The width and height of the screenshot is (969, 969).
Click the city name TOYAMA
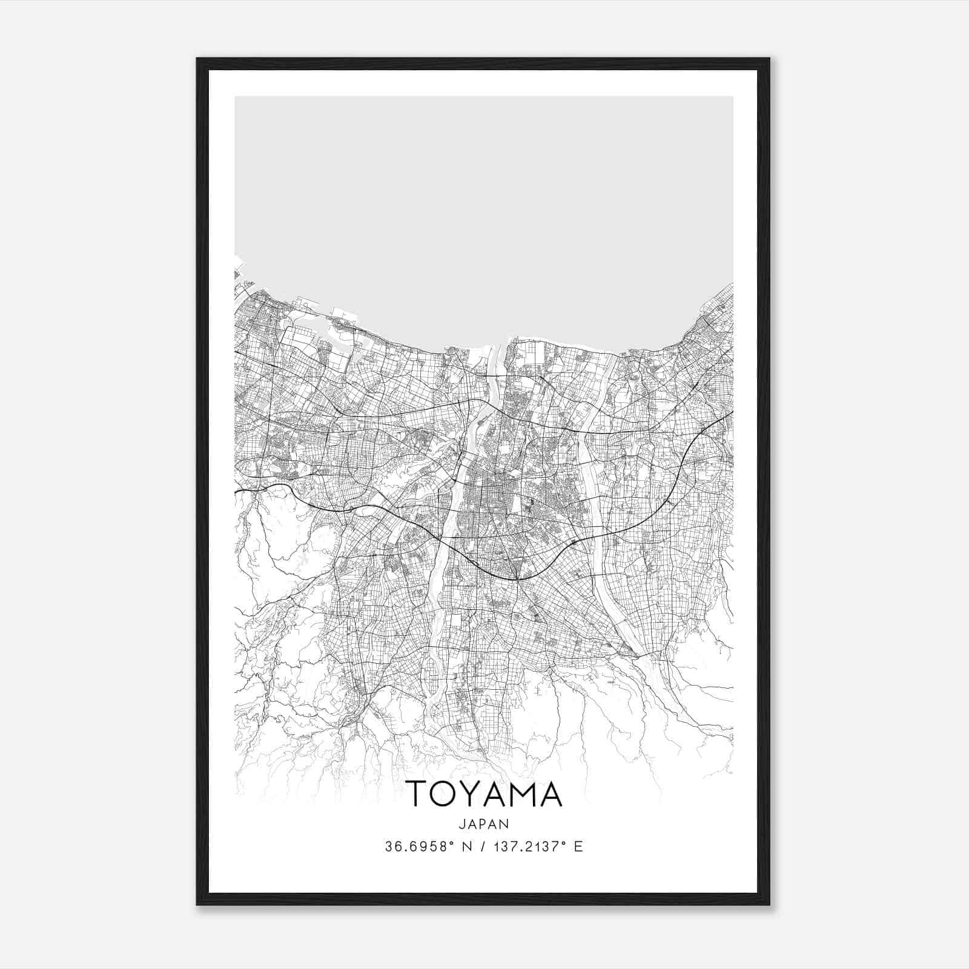pos(484,794)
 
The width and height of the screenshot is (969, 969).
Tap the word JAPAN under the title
pos(484,824)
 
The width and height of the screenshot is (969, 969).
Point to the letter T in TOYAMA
pos(417,794)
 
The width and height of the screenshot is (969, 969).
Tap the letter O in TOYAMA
pos(443,794)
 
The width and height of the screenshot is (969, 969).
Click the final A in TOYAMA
pos(551,794)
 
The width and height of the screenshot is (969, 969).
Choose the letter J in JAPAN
pos(461,824)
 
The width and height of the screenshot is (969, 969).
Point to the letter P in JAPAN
pos(484,824)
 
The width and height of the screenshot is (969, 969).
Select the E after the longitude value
pos(579,847)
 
